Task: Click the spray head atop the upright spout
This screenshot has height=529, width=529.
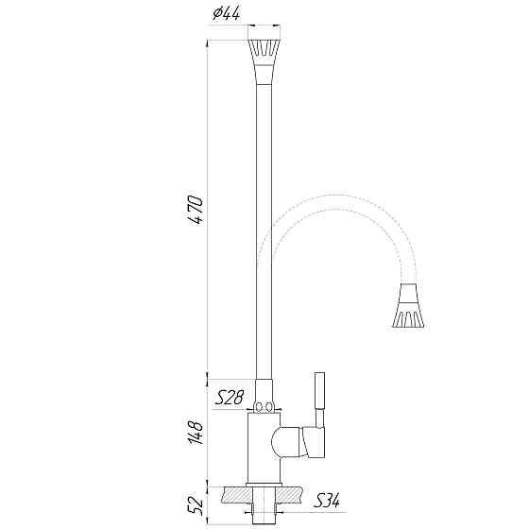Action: [x=264, y=52]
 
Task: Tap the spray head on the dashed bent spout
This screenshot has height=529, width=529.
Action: [x=409, y=307]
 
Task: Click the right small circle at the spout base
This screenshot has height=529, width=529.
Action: [x=271, y=408]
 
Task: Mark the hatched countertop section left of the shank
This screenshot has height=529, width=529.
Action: [x=230, y=495]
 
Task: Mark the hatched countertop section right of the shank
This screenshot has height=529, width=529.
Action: [x=292, y=495]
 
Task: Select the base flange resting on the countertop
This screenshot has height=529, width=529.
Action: [x=264, y=483]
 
